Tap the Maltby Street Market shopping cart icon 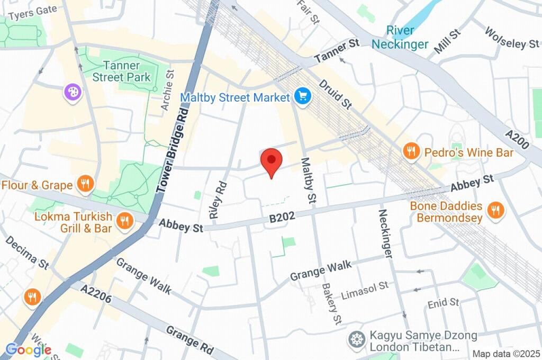303,97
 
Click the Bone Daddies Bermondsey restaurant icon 495,210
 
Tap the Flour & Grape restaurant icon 84,185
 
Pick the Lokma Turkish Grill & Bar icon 124,221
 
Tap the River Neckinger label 400,37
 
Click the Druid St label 336,94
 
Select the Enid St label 444,303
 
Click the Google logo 28,349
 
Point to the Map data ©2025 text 506,354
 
